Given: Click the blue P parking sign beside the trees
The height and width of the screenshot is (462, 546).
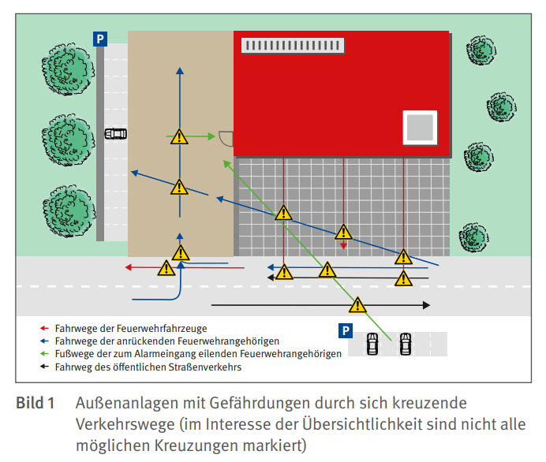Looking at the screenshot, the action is pos(100,39).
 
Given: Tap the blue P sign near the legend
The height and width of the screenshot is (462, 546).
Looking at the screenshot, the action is pos(346,330).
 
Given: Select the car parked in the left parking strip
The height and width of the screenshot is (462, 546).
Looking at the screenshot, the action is pos(116,134).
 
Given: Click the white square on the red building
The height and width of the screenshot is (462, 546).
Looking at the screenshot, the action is pos(420,128).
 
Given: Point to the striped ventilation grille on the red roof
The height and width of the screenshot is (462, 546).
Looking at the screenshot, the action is pos(293,46).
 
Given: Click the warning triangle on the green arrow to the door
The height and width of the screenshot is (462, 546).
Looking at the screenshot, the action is pos(179,136).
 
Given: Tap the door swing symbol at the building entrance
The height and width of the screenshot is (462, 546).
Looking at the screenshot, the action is pos(226,139).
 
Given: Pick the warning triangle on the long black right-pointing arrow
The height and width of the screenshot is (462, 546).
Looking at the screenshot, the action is pos(357,305).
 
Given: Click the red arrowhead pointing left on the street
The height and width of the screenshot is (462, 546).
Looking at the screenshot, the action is pos(128,267).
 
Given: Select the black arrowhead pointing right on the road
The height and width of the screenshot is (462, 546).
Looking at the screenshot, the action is pos(427,305).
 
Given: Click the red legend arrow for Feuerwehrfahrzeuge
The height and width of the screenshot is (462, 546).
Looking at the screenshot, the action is pos(44,328).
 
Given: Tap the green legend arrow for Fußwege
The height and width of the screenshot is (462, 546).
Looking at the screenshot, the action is pos(44,354).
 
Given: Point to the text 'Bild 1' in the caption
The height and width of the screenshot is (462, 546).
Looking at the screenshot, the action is pos(36,403).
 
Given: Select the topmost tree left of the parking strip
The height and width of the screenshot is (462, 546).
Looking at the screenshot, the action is pos(68,69).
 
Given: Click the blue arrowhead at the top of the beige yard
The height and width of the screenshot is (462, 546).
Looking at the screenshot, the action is pos(180,71).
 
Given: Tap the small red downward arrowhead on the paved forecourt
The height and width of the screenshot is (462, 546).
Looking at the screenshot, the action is pos(343,246).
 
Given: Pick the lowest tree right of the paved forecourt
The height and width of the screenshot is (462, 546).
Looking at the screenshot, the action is pos(473,237).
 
